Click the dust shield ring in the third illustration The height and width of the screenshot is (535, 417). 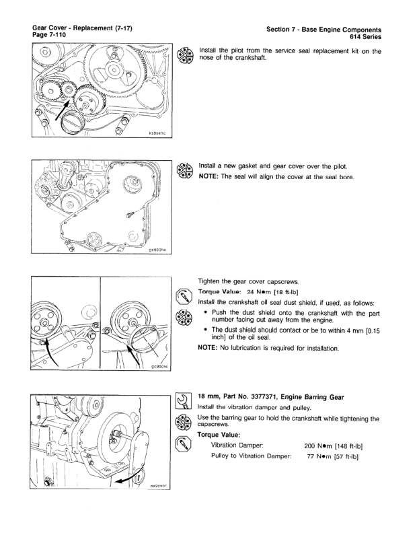(147, 336)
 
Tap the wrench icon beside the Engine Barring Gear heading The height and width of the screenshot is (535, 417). (181, 405)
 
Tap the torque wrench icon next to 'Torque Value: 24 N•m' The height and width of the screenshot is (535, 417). (181, 295)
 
